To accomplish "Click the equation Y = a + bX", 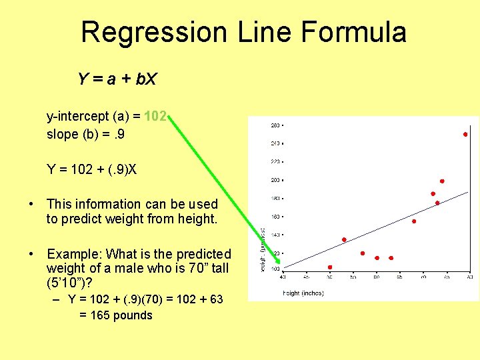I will pyautogui.click(x=117, y=80).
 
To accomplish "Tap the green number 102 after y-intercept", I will pyautogui.click(x=155, y=117).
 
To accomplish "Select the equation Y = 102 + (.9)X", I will pyautogui.click(x=92, y=169).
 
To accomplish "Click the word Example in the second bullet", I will pyautogui.click(x=73, y=254).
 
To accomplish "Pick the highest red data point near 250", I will pyautogui.click(x=465, y=135).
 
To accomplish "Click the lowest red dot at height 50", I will pyautogui.click(x=330, y=267).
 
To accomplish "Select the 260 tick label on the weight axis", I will pyautogui.click(x=274, y=125).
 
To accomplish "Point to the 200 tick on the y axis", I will pyautogui.click(x=274, y=180).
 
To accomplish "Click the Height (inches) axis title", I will pyautogui.click(x=303, y=293).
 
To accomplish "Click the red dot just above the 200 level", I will pyautogui.click(x=442, y=181).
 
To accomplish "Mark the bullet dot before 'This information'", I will pyautogui.click(x=31, y=204).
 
